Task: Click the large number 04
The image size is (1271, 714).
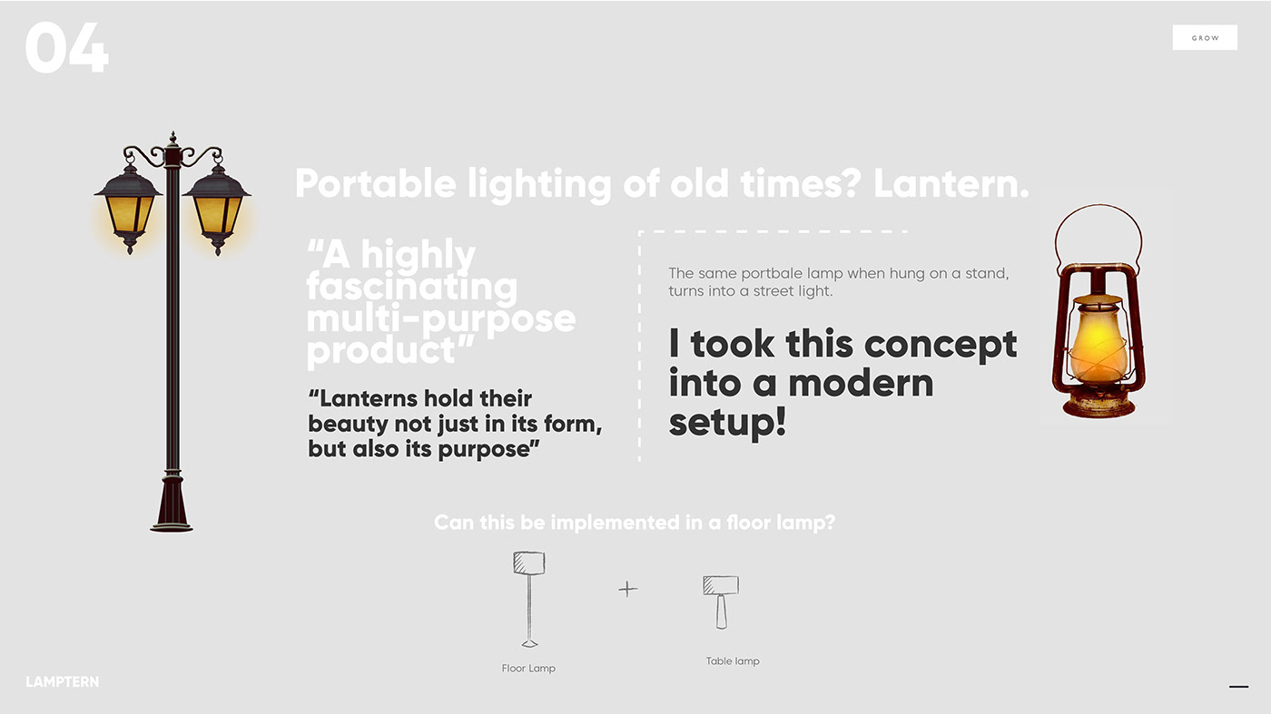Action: (67, 50)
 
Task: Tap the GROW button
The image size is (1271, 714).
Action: (1205, 38)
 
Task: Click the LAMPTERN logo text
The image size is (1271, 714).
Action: (63, 681)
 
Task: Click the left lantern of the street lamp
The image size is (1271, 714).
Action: (129, 210)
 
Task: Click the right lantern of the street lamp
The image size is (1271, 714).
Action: (217, 210)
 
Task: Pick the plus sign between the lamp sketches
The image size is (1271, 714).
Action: (628, 589)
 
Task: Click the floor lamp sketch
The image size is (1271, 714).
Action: (528, 599)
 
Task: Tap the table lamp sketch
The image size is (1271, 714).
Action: (721, 601)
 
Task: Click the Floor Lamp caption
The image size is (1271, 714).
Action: (528, 669)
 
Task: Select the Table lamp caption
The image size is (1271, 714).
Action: (733, 661)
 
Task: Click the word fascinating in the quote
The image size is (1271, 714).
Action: (411, 288)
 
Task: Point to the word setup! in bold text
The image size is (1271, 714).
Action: (727, 422)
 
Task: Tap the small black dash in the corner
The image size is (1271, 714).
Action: (1238, 687)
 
